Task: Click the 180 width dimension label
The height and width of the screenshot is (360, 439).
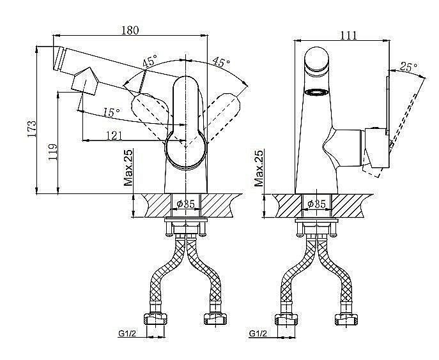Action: coord(130,30)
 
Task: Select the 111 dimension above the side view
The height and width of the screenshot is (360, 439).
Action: coord(348,36)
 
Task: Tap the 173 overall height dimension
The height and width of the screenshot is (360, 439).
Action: coord(32,129)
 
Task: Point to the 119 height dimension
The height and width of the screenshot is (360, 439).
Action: coord(52,152)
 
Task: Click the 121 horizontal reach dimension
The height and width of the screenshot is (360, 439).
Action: coord(114,136)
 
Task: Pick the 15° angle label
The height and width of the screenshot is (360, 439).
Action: coord(111,112)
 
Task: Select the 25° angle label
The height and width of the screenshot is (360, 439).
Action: coord(408,66)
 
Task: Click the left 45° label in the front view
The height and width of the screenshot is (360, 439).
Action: coord(150,61)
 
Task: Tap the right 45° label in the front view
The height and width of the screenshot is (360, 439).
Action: coord(221,62)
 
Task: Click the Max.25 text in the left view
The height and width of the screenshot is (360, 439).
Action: coord(128,167)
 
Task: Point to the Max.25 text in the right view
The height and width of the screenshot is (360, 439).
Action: coord(259,169)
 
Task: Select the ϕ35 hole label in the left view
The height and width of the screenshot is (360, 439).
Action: coord(186,204)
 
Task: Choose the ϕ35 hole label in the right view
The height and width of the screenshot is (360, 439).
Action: coord(317,204)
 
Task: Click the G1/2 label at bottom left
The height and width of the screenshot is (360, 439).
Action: coord(127,333)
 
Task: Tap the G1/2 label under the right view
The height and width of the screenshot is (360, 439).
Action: coord(258,333)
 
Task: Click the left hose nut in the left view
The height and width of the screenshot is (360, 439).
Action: coord(156,319)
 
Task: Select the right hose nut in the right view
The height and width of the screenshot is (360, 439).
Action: coord(346,319)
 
